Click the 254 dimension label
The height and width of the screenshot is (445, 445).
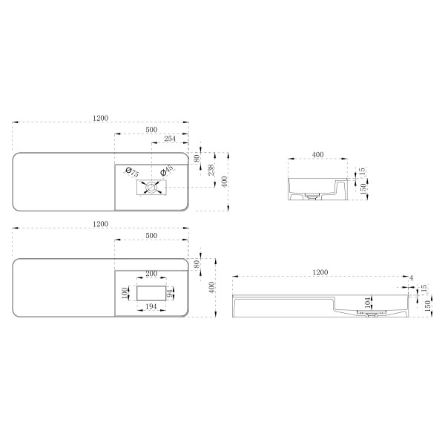[170, 139]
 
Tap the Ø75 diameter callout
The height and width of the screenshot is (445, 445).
[132, 172]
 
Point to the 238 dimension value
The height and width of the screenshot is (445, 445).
[211, 170]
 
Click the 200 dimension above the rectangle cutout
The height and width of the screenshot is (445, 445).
[151, 273]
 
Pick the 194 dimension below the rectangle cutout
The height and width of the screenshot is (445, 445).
[151, 306]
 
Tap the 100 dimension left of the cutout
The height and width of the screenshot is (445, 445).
[125, 293]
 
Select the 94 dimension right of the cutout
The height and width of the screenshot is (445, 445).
[170, 294]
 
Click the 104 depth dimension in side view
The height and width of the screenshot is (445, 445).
[368, 303]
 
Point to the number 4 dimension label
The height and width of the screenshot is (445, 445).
[411, 278]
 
